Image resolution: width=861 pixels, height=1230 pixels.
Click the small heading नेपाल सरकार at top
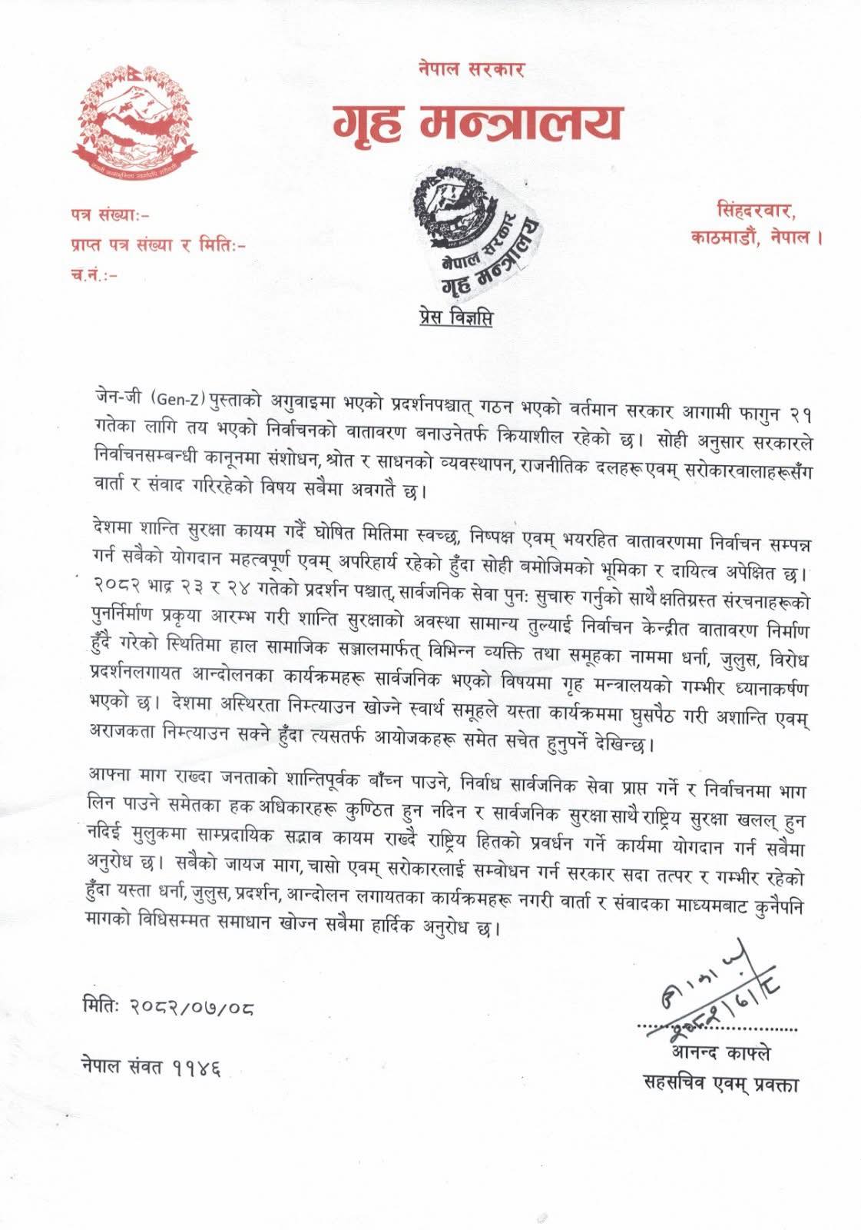(472, 69)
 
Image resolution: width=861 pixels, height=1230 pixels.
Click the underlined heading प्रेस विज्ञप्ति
(455, 317)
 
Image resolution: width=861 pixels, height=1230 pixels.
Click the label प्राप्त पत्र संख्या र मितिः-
(157, 245)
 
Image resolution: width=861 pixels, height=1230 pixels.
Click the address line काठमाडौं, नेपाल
(757, 238)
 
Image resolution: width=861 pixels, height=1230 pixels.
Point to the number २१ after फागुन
(798, 414)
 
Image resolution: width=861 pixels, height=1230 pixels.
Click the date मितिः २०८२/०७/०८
(167, 1006)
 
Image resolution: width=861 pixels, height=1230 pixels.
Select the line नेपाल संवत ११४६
(151, 1067)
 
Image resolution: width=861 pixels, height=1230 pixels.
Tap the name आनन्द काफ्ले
(720, 1053)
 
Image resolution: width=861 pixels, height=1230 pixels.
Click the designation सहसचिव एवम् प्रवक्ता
(720, 1084)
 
